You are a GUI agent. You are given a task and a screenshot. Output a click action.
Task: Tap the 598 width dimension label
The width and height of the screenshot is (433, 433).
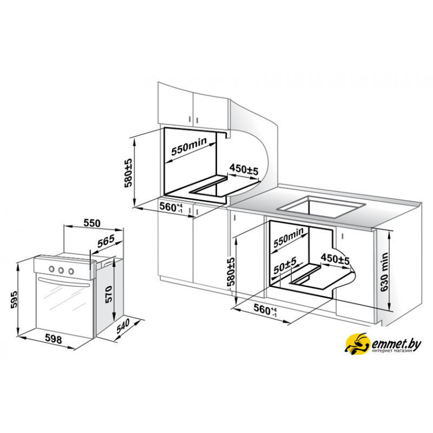53,339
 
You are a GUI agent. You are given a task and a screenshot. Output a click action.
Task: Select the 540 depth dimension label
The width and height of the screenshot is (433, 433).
123,326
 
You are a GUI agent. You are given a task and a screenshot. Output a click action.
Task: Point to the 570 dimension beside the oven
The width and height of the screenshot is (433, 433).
109,294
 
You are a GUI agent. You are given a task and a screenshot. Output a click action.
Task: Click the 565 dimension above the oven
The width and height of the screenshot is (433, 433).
106,241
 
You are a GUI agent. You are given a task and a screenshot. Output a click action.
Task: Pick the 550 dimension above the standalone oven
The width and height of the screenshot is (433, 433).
91,223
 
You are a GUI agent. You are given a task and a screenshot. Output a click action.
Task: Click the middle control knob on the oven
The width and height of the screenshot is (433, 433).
61,270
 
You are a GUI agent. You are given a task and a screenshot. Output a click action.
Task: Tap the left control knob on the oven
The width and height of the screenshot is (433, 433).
51,268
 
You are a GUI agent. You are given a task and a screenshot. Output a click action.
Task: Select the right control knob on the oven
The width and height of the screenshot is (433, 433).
71,271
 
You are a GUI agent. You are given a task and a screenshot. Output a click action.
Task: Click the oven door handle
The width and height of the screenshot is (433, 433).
64,283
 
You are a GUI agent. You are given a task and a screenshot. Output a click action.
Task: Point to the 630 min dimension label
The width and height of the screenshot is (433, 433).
384,272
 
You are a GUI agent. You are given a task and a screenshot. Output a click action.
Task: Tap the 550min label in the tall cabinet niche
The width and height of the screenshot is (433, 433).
189,146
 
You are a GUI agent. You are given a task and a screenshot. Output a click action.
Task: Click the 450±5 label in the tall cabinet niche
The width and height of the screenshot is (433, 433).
244,169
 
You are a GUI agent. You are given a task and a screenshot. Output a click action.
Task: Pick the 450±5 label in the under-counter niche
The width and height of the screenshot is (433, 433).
335,259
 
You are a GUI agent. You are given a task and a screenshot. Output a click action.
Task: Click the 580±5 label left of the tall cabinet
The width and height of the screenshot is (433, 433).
129,173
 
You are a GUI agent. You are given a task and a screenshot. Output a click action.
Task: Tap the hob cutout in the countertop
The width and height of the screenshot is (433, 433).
321,207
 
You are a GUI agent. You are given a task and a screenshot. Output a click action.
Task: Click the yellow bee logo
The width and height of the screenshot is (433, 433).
358,344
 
